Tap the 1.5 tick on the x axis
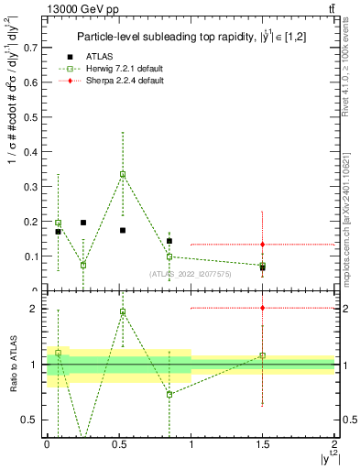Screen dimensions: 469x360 [263, 443]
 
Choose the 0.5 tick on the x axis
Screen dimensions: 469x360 [119, 443]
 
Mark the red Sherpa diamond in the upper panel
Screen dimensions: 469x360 [263, 245]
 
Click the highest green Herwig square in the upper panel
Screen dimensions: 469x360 [123, 174]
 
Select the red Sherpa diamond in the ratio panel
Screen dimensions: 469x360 [263, 308]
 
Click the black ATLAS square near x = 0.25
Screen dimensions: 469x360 [83, 223]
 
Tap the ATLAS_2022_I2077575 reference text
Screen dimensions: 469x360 [191, 273]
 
